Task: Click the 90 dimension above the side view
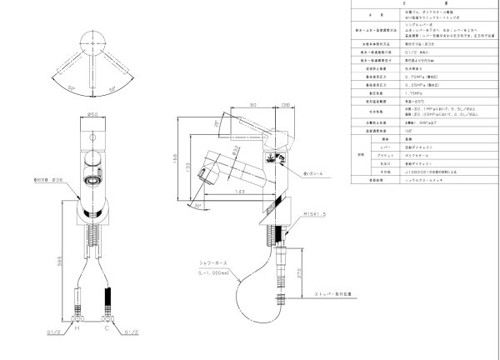pos(252,105)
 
